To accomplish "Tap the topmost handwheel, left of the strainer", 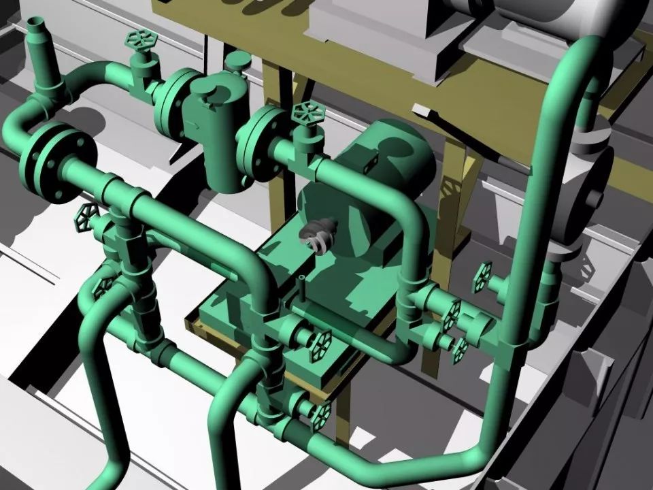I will point(140,40).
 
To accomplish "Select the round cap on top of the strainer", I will point(236,62).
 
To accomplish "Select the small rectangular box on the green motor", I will point(370,161).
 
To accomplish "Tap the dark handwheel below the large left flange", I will point(84,216).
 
